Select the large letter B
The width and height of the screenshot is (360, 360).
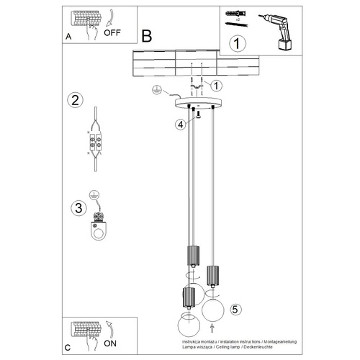(147, 35)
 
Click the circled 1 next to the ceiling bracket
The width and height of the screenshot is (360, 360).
(216, 85)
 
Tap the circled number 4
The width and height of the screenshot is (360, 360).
(179, 124)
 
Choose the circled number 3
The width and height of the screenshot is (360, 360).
(74, 209)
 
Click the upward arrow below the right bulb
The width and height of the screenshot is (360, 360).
(211, 330)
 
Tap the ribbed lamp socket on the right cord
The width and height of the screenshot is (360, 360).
(212, 275)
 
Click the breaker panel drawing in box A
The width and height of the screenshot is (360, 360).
(85, 19)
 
